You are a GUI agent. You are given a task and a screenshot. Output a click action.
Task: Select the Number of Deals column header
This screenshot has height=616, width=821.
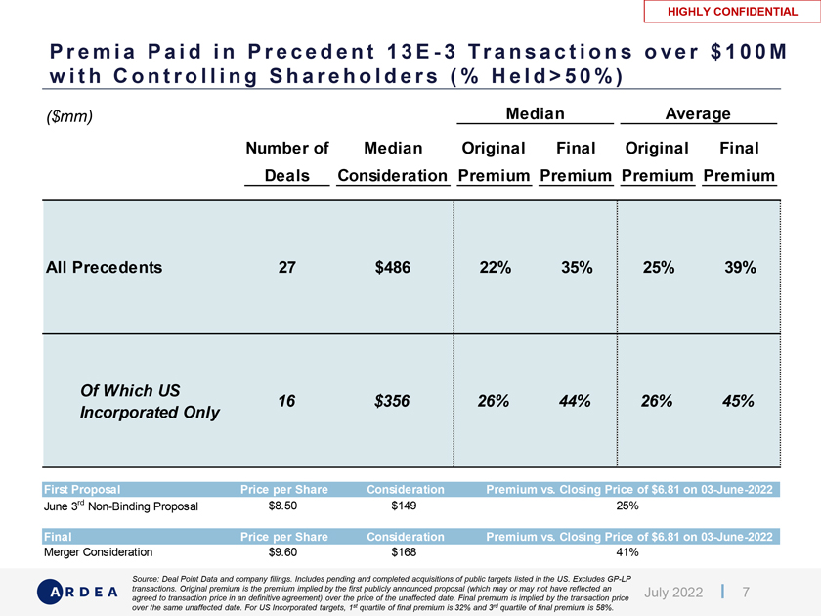pyautogui.click(x=286, y=161)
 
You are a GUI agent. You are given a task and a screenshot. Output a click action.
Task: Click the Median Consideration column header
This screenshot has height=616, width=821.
pyautogui.click(x=392, y=161)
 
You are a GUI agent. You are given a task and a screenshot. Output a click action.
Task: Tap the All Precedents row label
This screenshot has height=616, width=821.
pyautogui.click(x=104, y=267)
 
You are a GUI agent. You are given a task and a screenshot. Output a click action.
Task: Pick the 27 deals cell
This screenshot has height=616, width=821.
pyautogui.click(x=286, y=267)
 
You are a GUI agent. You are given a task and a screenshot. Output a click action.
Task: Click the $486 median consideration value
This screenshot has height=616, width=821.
pyautogui.click(x=392, y=267)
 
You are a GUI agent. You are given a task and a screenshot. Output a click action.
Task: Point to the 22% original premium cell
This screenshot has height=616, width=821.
pyautogui.click(x=494, y=267)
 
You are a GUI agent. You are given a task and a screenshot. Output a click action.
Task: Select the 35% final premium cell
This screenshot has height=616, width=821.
pyautogui.click(x=575, y=267)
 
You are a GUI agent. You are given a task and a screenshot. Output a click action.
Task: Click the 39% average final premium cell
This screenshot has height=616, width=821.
pyautogui.click(x=738, y=267)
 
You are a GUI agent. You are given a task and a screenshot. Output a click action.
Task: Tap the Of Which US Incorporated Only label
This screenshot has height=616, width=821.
pyautogui.click(x=149, y=401)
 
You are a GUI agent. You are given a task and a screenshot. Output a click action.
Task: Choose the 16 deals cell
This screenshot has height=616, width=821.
pyautogui.click(x=286, y=400)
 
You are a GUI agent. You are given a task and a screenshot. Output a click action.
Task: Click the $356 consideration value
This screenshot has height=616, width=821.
pyautogui.click(x=392, y=400)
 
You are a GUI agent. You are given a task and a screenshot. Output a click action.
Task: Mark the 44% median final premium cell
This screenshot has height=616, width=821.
pyautogui.click(x=575, y=400)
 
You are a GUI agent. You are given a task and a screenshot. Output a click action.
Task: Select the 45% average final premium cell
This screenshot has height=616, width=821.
pyautogui.click(x=738, y=400)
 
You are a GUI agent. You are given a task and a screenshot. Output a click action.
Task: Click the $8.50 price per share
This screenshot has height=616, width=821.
pyautogui.click(x=282, y=506)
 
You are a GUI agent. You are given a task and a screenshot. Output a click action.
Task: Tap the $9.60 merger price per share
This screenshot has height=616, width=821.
pyautogui.click(x=282, y=551)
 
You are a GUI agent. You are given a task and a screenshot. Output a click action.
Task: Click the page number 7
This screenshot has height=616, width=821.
pyautogui.click(x=747, y=592)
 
